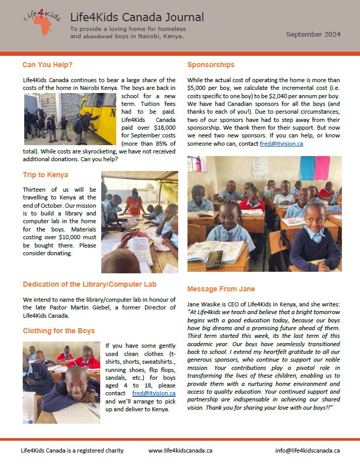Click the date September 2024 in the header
click(314, 35)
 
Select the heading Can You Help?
click(47, 65)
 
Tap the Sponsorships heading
click(211, 65)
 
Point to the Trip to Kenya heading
click(45, 175)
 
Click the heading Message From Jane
click(221, 289)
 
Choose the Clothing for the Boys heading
click(59, 331)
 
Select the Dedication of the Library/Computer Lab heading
click(89, 284)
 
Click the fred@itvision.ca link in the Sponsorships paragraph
click(281, 144)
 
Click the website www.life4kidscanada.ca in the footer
click(180, 451)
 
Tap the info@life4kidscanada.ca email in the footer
click(307, 451)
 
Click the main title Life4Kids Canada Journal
click(137, 18)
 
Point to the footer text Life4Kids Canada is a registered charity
click(72, 451)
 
